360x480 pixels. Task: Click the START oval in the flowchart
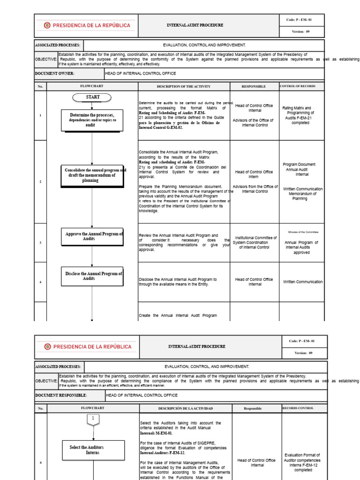coord(92,97)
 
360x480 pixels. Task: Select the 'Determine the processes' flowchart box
coord(92,120)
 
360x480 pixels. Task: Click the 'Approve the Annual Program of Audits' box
coord(92,236)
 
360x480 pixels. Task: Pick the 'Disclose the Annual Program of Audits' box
coord(92,276)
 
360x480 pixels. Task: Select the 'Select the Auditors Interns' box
coord(93,450)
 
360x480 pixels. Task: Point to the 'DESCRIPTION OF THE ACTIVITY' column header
coord(184,86)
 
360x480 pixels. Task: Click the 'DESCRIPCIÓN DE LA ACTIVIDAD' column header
coord(186,408)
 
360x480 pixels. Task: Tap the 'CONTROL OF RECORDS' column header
coord(298,86)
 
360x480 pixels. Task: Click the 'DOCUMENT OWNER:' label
coord(55,73)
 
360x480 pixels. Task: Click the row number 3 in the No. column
coord(40,242)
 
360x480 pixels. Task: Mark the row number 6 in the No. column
coord(41,463)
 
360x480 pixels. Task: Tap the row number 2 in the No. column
coord(40,181)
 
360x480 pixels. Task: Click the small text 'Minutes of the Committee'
coord(303,232)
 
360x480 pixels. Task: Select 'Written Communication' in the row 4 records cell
coord(303,282)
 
